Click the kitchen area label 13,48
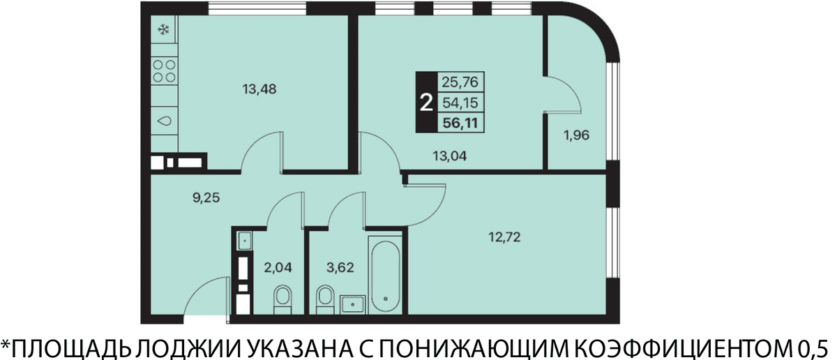(x=259, y=89)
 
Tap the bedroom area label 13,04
(x=449, y=156)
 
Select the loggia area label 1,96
(x=576, y=135)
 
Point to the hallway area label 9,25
(x=206, y=197)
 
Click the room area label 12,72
(x=505, y=237)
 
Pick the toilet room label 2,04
(x=278, y=267)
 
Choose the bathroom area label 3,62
(x=340, y=267)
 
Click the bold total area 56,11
(x=460, y=123)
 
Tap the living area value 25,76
(x=460, y=82)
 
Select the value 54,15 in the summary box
(x=460, y=103)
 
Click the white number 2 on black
(x=426, y=103)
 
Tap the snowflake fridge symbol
(x=164, y=29)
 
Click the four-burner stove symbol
(x=165, y=71)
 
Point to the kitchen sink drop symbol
(x=164, y=121)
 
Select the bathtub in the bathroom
(x=385, y=276)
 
